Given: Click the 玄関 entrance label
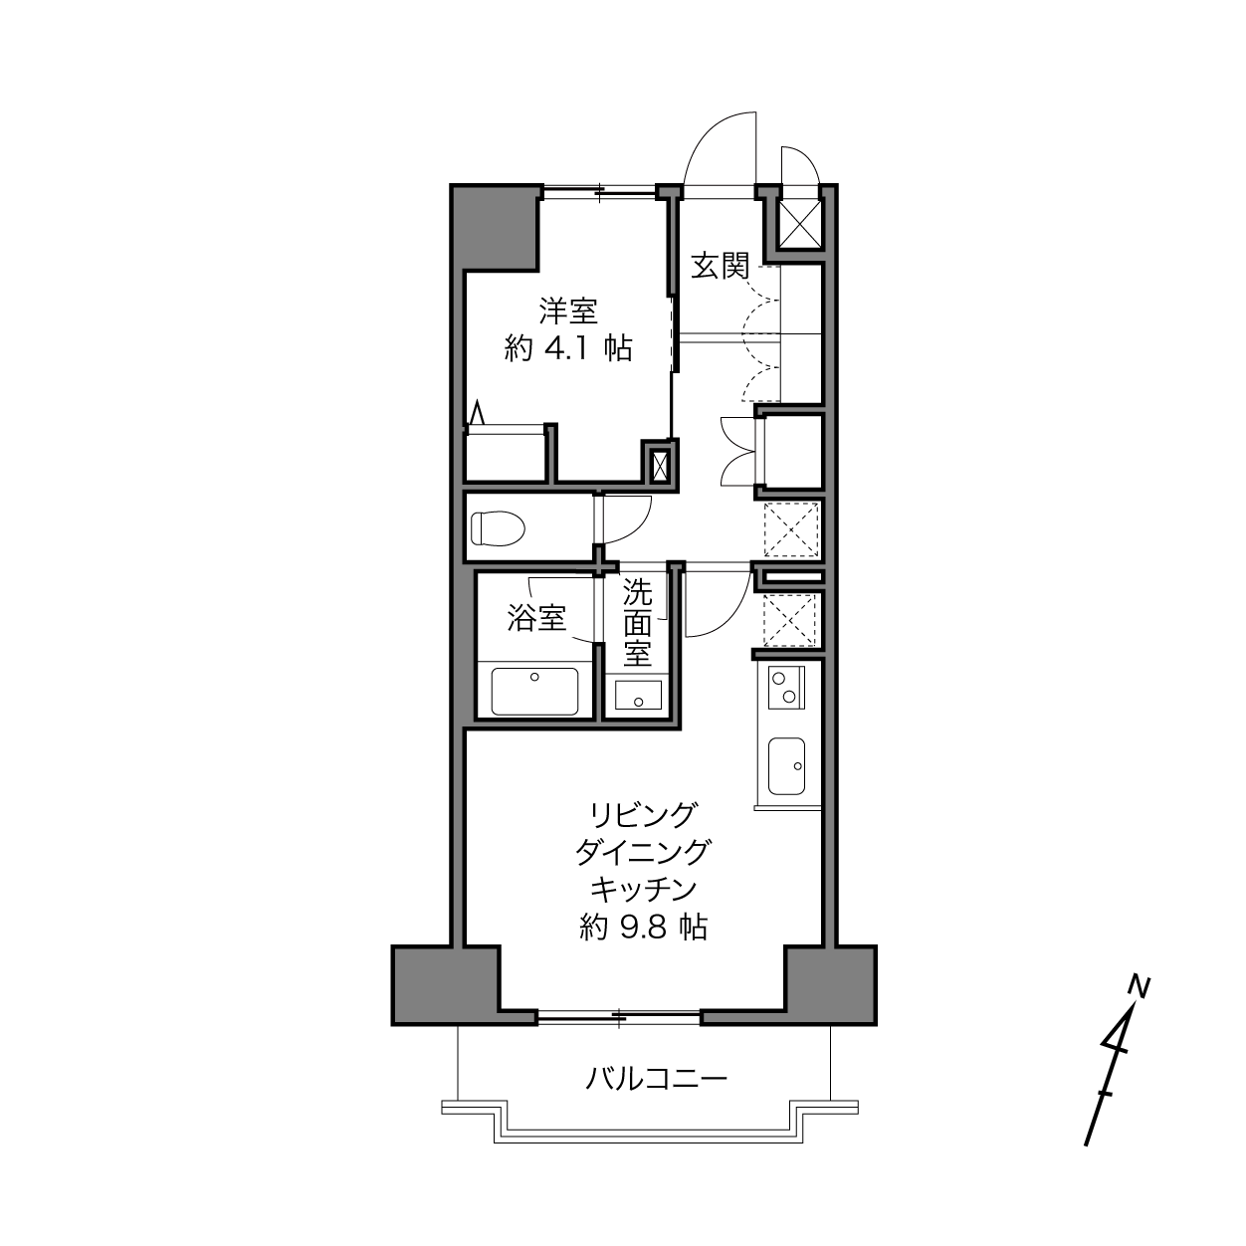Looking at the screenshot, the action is [x=720, y=267].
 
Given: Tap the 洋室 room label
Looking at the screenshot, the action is [x=568, y=311].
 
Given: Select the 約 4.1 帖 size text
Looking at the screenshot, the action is [x=567, y=349].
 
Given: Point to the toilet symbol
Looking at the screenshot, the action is [x=498, y=528].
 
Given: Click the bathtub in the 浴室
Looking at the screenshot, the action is [x=534, y=692].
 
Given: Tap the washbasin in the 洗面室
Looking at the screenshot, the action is [x=638, y=695].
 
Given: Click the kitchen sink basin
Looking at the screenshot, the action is [x=786, y=766].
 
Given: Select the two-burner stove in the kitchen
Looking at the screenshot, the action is [x=785, y=688].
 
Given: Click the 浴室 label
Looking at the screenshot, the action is [x=536, y=617].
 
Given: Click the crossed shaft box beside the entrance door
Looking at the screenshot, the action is [x=800, y=223].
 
